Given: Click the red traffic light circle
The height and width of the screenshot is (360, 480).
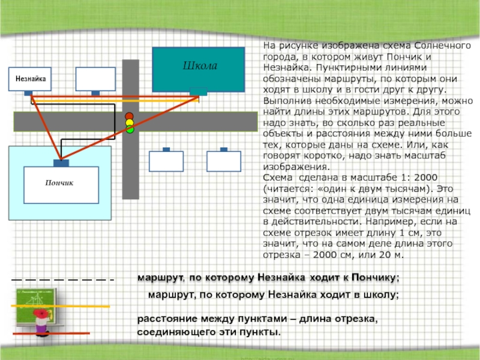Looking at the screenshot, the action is (129, 116).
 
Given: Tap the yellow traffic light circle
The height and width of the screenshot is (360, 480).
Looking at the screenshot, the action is (129, 123).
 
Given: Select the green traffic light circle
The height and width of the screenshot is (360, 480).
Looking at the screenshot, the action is (129, 130).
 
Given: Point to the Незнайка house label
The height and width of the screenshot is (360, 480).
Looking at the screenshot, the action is (30, 78).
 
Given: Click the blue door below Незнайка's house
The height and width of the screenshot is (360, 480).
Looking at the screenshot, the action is (28, 93).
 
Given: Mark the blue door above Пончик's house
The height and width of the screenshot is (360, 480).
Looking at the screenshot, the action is (61, 163).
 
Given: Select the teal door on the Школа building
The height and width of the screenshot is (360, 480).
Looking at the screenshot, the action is (198, 92).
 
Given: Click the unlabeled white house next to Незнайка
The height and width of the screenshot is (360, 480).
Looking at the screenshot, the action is (95, 79).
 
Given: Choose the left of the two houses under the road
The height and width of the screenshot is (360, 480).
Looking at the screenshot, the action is (166, 161).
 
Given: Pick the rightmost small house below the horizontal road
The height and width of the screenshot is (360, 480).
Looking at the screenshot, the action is (223, 161).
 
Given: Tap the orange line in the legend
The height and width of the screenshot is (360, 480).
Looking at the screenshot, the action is (60, 307).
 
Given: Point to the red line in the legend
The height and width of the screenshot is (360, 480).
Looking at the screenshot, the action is (51, 333).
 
